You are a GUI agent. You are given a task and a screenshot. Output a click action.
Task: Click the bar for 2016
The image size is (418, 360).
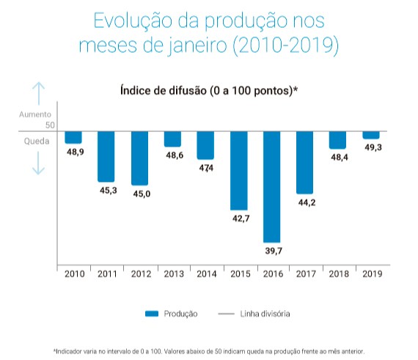click(271, 187)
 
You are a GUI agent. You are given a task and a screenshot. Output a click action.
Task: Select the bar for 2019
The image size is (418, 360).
click(371, 135)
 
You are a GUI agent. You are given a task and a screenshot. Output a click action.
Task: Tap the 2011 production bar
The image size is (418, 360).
click(106, 157)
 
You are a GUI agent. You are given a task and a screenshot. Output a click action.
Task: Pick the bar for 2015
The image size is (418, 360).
click(239, 171)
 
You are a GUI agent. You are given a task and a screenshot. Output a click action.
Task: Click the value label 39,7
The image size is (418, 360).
click(274, 251)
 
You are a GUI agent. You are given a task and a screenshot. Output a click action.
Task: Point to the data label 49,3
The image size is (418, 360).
click(373, 147)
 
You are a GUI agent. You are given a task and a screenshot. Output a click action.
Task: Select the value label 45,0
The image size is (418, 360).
click(142, 194)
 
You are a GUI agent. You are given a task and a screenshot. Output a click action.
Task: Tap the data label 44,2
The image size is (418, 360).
click(307, 202)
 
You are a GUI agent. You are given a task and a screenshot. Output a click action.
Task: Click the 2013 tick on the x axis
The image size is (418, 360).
click(174, 273)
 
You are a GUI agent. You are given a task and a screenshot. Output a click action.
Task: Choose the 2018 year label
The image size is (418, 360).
click(339, 273)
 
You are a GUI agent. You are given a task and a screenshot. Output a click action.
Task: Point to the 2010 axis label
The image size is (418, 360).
click(75, 273)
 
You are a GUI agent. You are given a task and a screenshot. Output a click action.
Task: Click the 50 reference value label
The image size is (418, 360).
click(50, 125)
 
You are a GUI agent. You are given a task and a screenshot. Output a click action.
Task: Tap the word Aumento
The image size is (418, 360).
click(35, 114)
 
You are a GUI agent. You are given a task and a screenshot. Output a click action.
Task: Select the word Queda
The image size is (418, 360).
click(37, 141)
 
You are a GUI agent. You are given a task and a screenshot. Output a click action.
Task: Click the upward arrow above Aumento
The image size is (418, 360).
click(38, 93)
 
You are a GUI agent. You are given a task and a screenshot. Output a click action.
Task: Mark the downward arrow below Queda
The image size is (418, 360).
click(38, 163)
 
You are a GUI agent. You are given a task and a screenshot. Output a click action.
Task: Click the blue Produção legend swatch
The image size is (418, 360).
click(152, 314)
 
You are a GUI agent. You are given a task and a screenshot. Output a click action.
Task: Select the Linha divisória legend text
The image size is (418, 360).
click(265, 314)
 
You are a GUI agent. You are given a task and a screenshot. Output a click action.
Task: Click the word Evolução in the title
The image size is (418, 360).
click(133, 21)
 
